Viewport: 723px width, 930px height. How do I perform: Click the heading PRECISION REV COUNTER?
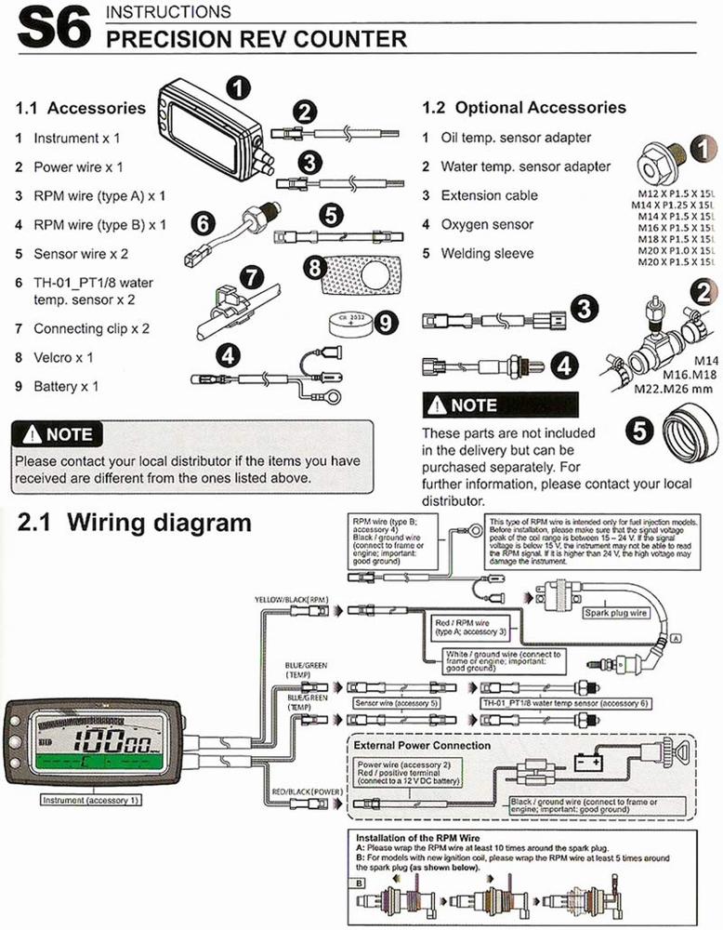[x=256, y=39]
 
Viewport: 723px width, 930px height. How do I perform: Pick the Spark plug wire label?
[x=616, y=614]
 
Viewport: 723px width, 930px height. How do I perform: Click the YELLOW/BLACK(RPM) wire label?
[x=292, y=600]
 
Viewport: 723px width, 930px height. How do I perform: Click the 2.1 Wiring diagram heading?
[x=134, y=523]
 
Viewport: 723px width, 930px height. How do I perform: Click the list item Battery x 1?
[x=65, y=386]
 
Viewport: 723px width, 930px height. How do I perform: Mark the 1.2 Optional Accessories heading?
[x=524, y=108]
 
